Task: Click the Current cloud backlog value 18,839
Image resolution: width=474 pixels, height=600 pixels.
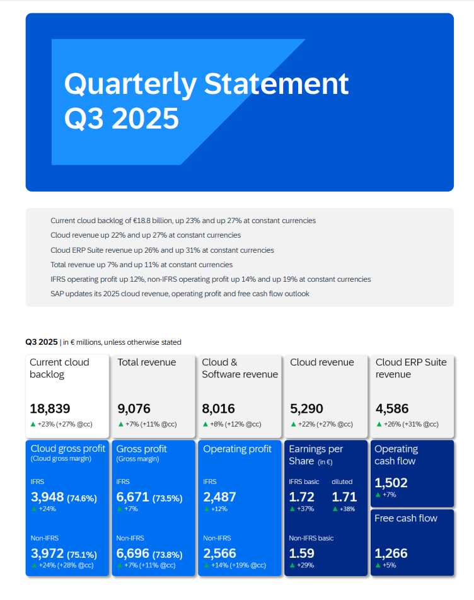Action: (x=50, y=408)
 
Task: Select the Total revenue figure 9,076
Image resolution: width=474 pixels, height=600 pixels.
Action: (x=134, y=408)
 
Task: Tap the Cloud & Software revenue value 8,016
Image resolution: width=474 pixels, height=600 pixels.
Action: (x=218, y=408)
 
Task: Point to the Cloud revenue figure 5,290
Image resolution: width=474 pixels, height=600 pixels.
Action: (x=307, y=408)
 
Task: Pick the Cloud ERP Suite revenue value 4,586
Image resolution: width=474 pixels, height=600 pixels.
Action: (x=392, y=408)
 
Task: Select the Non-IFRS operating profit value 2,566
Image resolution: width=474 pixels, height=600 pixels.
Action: (x=220, y=553)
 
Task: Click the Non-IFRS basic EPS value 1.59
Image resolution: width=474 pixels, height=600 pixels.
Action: (x=301, y=553)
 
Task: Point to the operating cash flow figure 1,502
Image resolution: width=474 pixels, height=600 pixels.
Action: (x=391, y=483)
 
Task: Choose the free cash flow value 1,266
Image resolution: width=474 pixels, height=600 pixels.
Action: (x=391, y=553)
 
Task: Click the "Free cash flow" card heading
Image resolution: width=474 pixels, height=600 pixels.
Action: (x=405, y=518)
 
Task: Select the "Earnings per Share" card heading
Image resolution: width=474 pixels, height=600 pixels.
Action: (x=316, y=455)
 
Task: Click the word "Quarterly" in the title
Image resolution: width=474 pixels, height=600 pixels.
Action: (x=130, y=84)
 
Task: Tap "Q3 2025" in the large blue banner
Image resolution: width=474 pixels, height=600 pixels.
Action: (x=122, y=118)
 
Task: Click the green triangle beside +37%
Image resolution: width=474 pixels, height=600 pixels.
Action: (x=292, y=509)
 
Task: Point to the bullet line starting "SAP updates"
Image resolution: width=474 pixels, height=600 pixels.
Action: (x=180, y=294)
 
